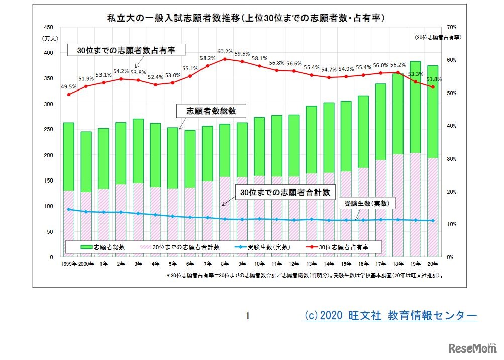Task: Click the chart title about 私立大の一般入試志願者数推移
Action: point(245,19)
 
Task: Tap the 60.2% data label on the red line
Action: point(225,51)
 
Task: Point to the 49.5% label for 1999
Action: point(69,86)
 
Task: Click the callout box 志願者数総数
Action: point(211,111)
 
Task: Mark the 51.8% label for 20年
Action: point(433,79)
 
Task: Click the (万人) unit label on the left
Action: point(51,38)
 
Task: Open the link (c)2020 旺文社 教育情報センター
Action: point(390,315)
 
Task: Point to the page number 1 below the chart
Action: point(247,316)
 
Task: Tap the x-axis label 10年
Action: point(259,263)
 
